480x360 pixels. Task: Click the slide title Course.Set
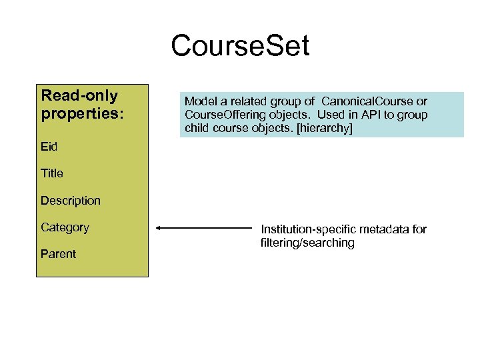[240, 47]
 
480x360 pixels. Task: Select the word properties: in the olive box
[82, 113]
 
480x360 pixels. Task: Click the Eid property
[49, 147]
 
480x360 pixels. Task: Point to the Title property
[52, 173]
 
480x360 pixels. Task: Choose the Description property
[71, 201]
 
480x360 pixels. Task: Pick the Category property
[65, 227]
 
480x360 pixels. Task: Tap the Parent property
[58, 254]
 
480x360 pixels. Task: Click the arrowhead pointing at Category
[159, 228]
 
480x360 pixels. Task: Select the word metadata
[383, 229]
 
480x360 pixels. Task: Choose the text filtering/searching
[307, 243]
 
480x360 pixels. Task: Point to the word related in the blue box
[247, 101]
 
